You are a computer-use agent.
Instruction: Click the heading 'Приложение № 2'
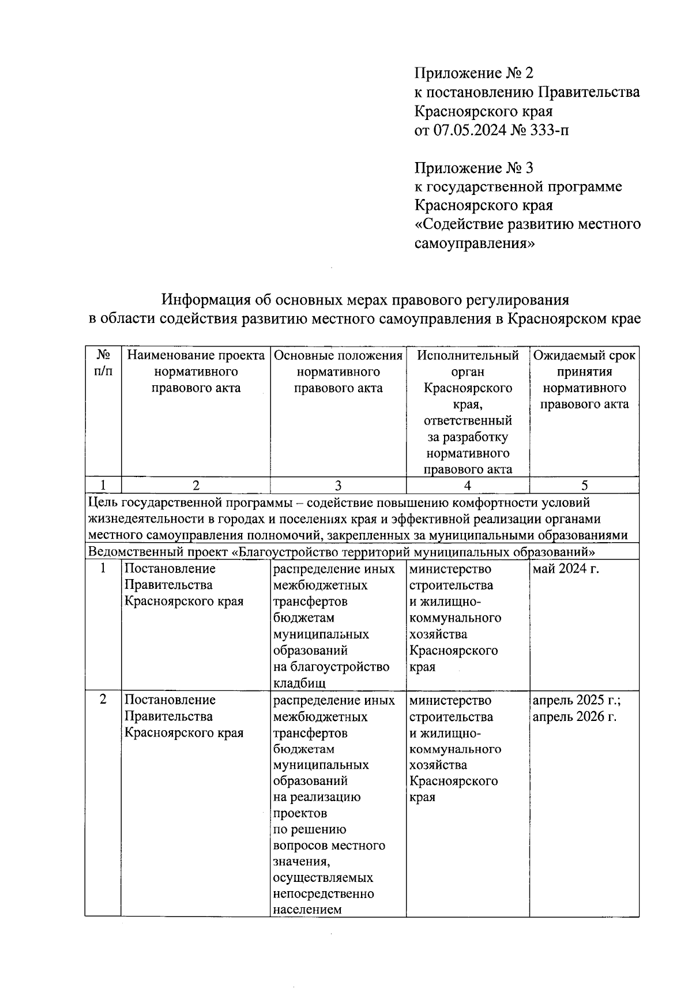(x=474, y=73)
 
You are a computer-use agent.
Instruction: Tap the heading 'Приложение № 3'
(x=474, y=168)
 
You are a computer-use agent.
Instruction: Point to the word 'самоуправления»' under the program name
(x=475, y=243)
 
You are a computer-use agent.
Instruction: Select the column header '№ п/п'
(x=103, y=363)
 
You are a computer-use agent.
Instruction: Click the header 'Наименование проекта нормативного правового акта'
(x=195, y=371)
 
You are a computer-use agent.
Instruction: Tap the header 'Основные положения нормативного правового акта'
(x=338, y=371)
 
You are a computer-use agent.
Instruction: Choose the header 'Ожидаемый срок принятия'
(x=584, y=363)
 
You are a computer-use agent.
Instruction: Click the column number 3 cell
(x=338, y=485)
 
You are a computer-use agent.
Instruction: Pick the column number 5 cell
(x=584, y=485)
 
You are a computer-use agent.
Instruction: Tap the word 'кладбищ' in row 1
(x=299, y=683)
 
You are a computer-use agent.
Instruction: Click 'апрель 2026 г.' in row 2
(x=574, y=717)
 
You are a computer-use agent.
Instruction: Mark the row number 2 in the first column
(x=103, y=700)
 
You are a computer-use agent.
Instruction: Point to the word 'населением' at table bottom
(x=307, y=910)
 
